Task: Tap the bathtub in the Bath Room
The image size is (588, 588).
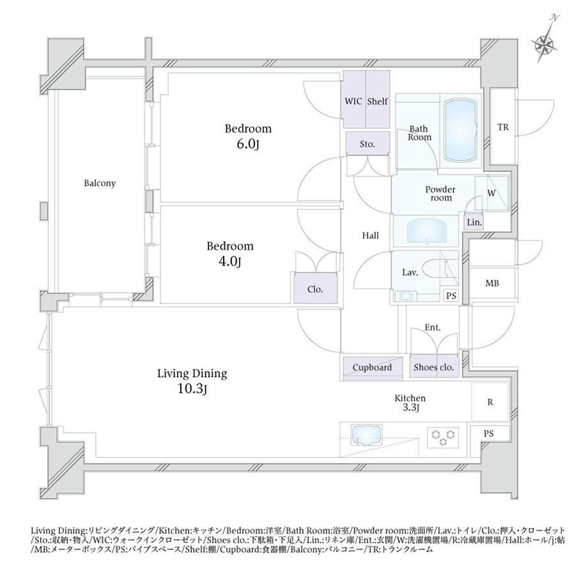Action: pos(461,131)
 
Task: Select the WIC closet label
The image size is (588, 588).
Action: pos(353,101)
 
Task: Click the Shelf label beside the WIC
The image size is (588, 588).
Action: pos(377,101)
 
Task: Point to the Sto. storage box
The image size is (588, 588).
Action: pos(367,144)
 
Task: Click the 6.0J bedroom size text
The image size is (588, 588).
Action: pos(248,144)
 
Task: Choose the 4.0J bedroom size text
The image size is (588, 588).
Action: pos(229,261)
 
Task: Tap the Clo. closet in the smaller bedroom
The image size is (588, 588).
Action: pos(315,288)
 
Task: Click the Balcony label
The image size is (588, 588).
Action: pos(100,183)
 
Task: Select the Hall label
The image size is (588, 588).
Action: pos(371,235)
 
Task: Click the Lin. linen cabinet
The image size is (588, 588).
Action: pos(474,222)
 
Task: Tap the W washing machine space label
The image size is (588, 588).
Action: pos(491,194)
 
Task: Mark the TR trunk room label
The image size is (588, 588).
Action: pos(503,127)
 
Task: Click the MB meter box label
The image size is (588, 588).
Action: pos(492,284)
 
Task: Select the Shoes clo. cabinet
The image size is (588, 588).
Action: pos(434,366)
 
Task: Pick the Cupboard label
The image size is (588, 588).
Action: pos(372,367)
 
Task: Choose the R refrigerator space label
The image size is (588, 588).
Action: pos(490,402)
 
